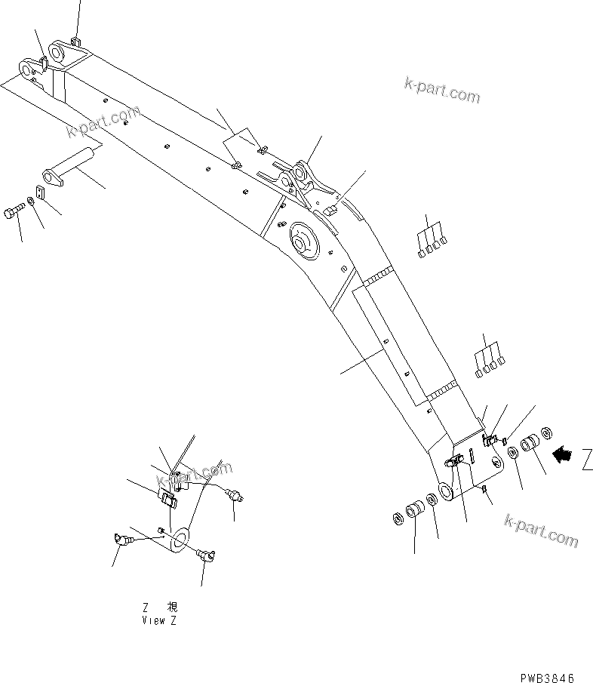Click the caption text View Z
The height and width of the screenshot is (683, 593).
[x=159, y=620]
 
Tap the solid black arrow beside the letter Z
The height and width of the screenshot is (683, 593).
[x=563, y=454]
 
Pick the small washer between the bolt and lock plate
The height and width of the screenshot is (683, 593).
[x=29, y=202]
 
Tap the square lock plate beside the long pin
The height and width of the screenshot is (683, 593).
[x=41, y=193]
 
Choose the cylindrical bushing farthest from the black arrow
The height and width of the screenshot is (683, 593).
[x=416, y=512]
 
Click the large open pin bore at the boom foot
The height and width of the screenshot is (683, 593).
[x=445, y=491]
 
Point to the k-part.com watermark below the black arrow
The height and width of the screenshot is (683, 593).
[x=541, y=531]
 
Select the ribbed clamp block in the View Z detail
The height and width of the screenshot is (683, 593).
[x=169, y=498]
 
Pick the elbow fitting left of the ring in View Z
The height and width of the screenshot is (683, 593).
[x=121, y=539]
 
